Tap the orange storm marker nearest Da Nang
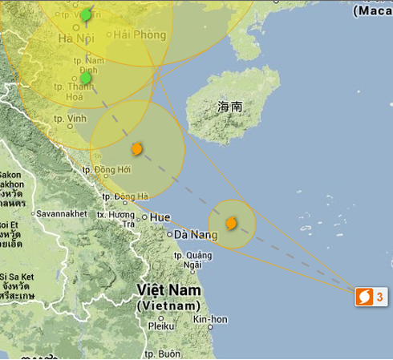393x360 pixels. [231, 223]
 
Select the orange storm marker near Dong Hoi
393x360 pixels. [137, 148]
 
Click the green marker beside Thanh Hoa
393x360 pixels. [86, 78]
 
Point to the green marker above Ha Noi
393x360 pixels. [86, 14]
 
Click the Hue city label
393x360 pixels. [160, 216]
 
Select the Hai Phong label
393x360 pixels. [140, 34]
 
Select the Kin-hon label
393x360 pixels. [210, 319]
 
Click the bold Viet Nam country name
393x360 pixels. [168, 289]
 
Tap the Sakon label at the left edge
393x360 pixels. [10, 175]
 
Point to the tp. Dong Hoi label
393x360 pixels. [107, 169]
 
